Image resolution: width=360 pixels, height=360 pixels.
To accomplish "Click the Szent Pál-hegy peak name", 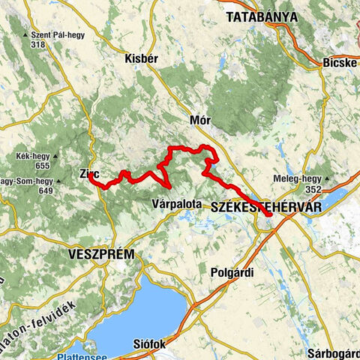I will click(55, 34).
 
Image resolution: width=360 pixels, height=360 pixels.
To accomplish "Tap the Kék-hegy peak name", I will click(32, 157).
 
